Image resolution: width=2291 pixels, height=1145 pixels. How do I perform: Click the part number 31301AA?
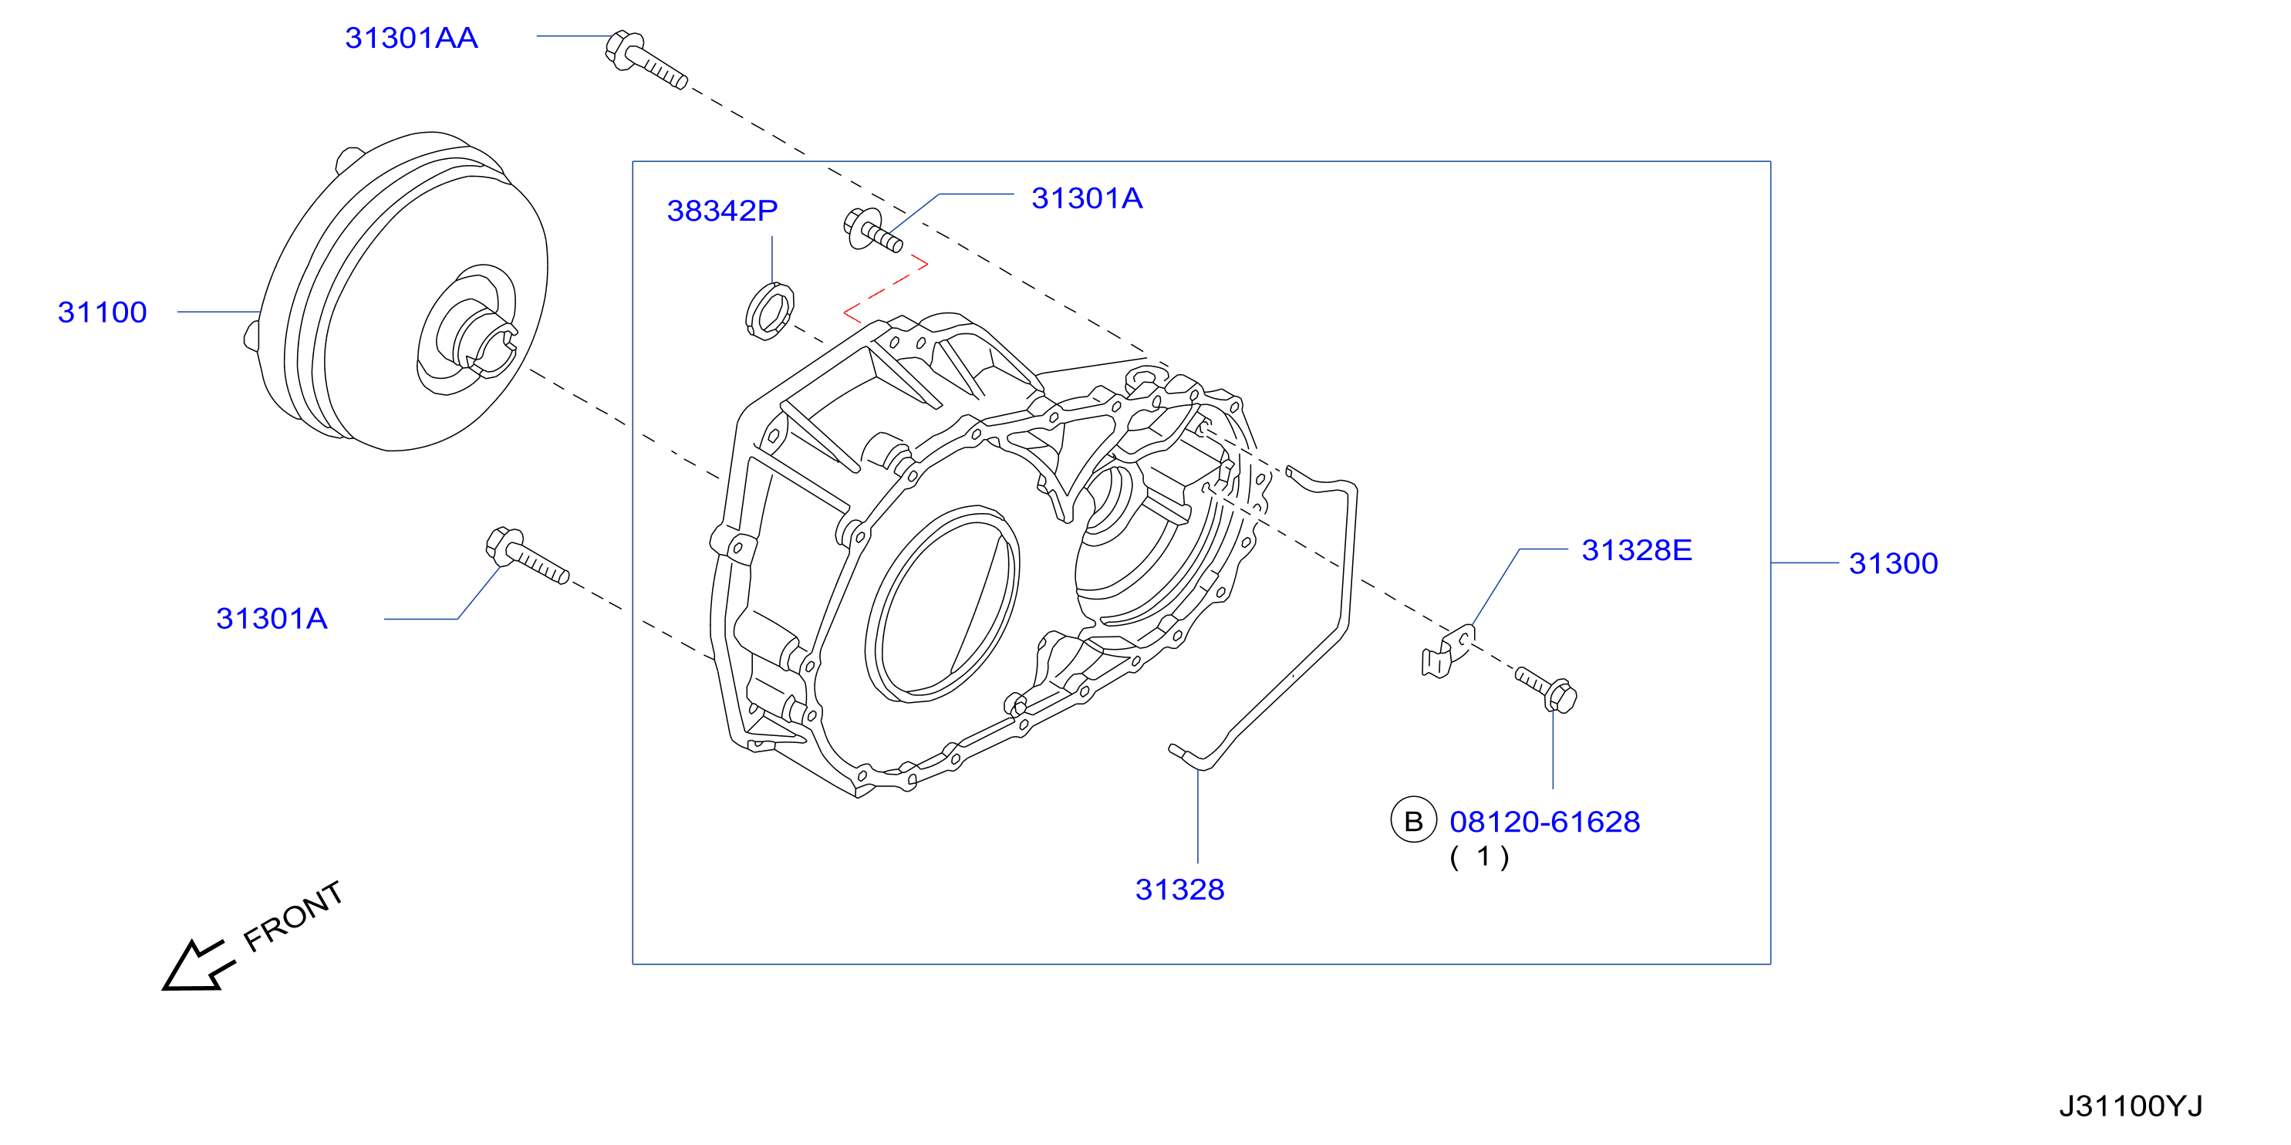[411, 39]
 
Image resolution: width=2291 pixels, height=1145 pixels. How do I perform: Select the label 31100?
[103, 312]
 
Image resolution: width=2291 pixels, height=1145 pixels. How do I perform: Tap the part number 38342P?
[722, 211]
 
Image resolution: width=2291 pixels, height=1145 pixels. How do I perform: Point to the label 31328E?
[1636, 550]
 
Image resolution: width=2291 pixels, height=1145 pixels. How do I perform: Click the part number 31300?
[1894, 563]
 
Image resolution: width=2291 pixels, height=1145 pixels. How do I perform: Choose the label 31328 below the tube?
[1180, 890]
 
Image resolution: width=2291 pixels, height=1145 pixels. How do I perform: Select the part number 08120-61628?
[1545, 822]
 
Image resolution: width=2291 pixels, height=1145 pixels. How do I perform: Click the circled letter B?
[1413, 821]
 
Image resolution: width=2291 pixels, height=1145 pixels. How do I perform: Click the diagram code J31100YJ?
[2131, 1106]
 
